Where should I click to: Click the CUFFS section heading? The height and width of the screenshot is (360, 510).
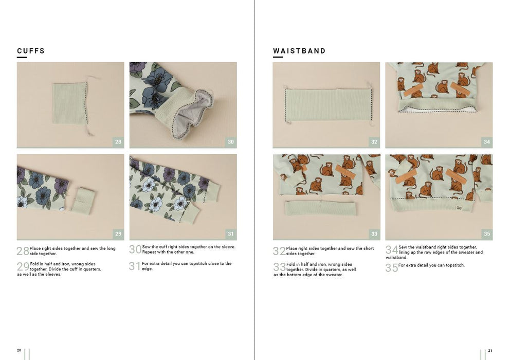(x=31, y=51)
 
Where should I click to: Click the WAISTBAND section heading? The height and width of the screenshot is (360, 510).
(x=299, y=51)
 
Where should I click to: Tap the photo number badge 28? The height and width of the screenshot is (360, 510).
(x=118, y=142)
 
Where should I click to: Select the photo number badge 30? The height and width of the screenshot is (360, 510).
(x=231, y=142)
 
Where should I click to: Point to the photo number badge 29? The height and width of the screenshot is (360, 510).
(x=118, y=233)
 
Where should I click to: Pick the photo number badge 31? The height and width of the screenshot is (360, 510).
(x=231, y=233)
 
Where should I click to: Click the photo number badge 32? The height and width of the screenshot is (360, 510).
(x=374, y=142)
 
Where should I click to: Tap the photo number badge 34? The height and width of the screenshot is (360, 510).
(x=486, y=142)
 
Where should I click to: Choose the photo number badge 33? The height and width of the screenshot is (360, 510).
(x=374, y=233)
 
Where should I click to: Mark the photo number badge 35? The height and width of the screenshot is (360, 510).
(x=486, y=233)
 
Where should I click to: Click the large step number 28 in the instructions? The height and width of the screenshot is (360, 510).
(x=23, y=251)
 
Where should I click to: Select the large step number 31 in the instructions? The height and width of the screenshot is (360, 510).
(x=135, y=266)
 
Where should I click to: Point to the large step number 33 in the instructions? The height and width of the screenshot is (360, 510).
(x=279, y=267)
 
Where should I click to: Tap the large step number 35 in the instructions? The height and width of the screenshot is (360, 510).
(x=392, y=268)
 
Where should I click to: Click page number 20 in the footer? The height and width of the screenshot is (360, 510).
(x=19, y=350)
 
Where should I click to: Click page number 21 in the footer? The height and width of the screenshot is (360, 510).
(x=490, y=351)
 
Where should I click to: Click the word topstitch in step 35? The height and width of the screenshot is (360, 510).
(x=455, y=265)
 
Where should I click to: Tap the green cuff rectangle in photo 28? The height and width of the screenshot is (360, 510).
(x=69, y=103)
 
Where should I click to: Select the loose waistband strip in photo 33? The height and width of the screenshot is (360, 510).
(x=320, y=208)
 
